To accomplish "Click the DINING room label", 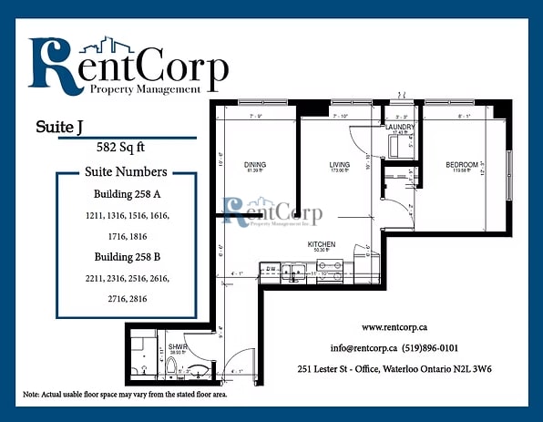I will [254, 165].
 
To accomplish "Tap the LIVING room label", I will [340, 165].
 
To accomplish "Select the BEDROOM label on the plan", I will [462, 165].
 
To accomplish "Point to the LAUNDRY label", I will [400, 127].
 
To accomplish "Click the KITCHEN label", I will [322, 244].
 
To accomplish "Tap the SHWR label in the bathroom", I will [178, 346].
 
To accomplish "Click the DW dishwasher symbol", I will [271, 269].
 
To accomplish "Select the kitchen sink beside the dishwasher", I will [293, 269].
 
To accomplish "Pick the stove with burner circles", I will [330, 269].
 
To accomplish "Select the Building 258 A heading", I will [126, 194].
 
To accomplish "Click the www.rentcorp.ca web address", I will [395, 326].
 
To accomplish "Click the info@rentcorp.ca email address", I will [364, 347].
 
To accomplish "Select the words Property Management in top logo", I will [145, 89].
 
